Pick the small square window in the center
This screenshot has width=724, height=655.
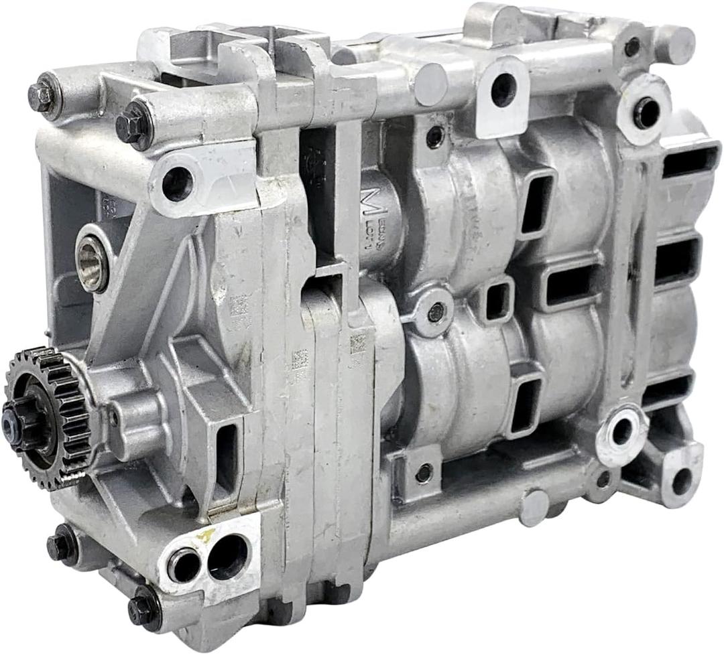coord(497,302)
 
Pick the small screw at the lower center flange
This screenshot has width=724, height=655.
coord(423,473)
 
